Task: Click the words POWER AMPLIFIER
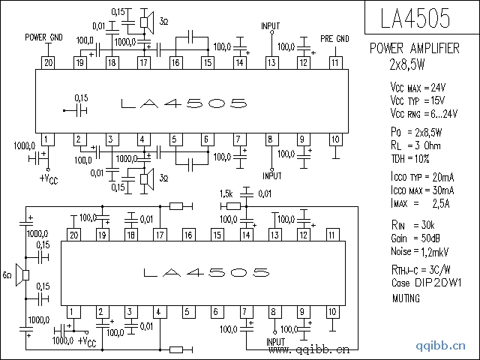pyautogui.click(x=415, y=48)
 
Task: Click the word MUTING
pyautogui.click(x=406, y=298)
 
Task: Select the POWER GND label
pyautogui.click(x=43, y=37)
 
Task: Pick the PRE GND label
pyautogui.click(x=334, y=38)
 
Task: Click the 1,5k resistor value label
pyautogui.click(x=226, y=193)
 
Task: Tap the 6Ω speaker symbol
pyautogui.click(x=25, y=275)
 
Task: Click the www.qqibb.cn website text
pyautogui.click(x=309, y=349)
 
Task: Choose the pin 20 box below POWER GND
pyautogui.click(x=47, y=62)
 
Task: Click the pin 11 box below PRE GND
pyautogui.click(x=334, y=62)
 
